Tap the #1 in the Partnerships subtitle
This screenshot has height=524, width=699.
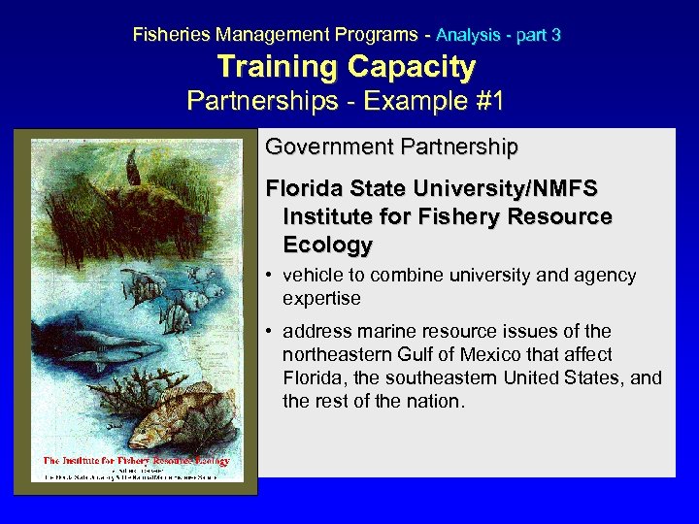pyautogui.click(x=485, y=101)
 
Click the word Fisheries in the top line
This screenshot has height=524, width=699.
pyautogui.click(x=172, y=34)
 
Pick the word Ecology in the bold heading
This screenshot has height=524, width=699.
pyautogui.click(x=327, y=244)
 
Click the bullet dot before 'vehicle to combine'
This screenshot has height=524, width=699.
pyautogui.click(x=271, y=276)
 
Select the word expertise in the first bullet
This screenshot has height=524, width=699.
pyautogui.click(x=321, y=298)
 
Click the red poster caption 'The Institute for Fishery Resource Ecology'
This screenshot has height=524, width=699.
pyautogui.click(x=136, y=460)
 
